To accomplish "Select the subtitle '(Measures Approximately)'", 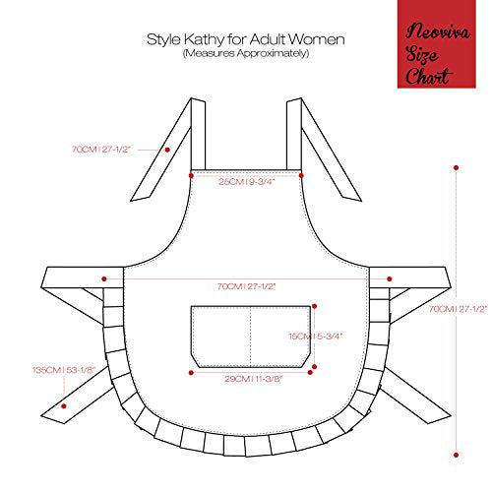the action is tap(246, 53).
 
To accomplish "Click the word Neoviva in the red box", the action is tap(438, 32).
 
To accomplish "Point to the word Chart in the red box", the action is tap(429, 76).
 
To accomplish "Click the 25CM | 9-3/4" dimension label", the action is tap(247, 182).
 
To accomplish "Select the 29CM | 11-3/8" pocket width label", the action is tap(253, 379).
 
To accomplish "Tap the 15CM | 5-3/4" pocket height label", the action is tap(316, 337).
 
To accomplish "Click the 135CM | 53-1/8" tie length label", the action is tap(64, 370).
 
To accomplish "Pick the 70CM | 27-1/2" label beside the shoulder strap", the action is tap(101, 150).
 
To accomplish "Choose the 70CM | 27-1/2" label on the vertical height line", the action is tap(459, 309).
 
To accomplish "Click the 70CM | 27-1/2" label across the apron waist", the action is tap(247, 286).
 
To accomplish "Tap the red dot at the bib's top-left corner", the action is tap(191, 175).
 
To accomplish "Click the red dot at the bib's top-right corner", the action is tap(301, 175).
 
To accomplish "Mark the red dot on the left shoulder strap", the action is tap(167, 150).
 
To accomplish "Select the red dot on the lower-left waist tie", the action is tap(64, 406).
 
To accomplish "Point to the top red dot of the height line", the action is tap(456, 167).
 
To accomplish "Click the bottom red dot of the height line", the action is tap(456, 455).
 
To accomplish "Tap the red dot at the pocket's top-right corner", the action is tap(314, 306).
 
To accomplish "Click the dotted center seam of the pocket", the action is tap(251, 337).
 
